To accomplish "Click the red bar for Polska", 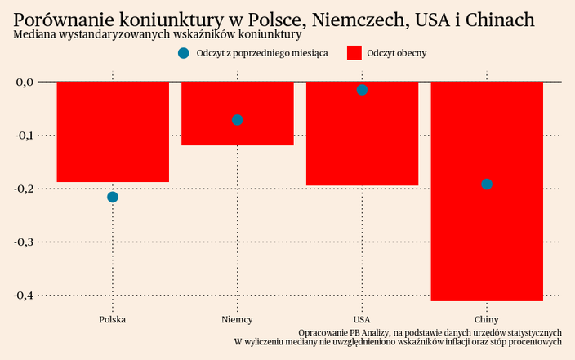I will tap(113, 131).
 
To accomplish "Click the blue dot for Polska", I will tap(113, 197).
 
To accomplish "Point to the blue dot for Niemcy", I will tap(237, 120).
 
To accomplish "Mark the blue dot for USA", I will tap(362, 90).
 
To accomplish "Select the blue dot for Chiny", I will tap(487, 184).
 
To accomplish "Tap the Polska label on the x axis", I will tap(113, 319).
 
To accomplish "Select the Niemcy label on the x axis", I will tap(237, 319).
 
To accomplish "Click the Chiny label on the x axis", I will tap(487, 319).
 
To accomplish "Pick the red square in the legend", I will tap(354, 53).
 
